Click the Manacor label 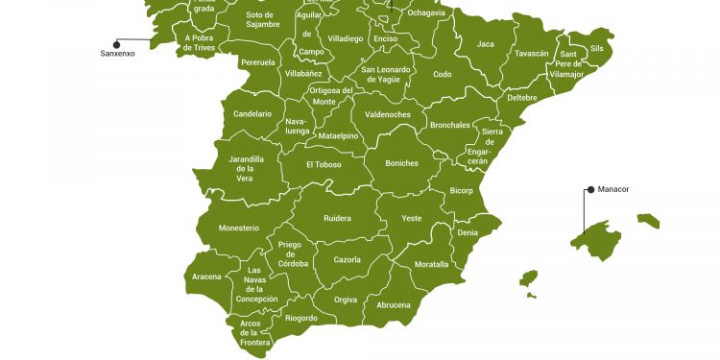613,190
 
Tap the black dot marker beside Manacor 590,190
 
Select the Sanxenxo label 118,54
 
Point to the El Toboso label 324,164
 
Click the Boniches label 401,163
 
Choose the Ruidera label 337,218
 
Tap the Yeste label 411,219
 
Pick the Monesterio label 239,228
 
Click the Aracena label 206,276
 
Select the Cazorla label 347,260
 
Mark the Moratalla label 431,264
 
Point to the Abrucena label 393,305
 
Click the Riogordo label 301,318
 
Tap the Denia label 468,233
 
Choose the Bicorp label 461,191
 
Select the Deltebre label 521,98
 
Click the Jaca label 486,44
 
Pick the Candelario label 252,114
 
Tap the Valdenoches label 388,115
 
